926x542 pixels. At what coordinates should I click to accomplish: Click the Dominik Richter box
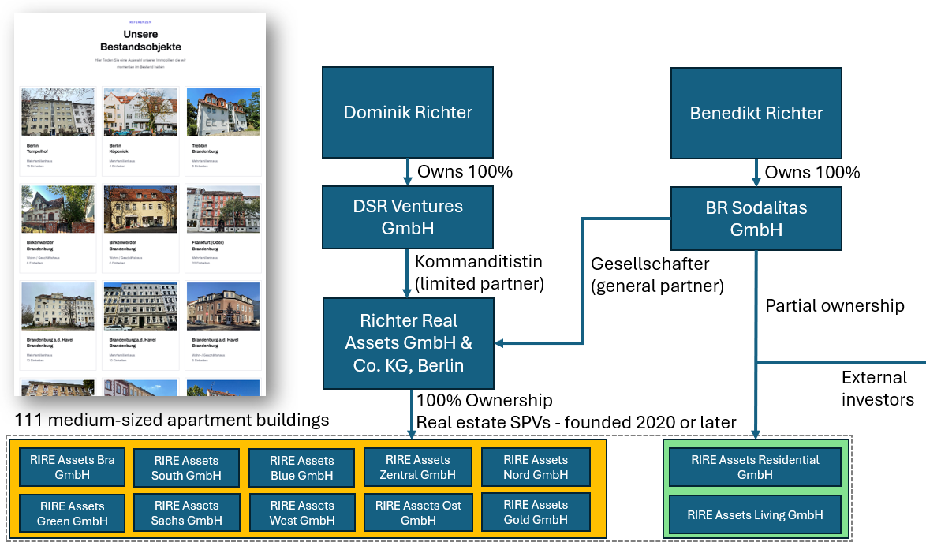click(407, 112)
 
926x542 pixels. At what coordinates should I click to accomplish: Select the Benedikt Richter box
click(756, 112)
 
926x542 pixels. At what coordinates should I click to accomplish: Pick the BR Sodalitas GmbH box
click(756, 219)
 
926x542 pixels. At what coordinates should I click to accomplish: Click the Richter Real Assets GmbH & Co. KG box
click(407, 343)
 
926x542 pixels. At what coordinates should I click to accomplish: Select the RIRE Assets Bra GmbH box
click(72, 467)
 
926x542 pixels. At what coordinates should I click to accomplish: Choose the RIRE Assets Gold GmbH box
click(536, 512)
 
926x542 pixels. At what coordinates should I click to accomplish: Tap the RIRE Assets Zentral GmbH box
click(417, 467)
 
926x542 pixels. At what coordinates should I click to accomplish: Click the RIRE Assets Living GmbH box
click(755, 514)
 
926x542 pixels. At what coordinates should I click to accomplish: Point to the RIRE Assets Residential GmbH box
click(755, 467)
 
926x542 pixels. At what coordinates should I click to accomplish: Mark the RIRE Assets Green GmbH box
click(71, 513)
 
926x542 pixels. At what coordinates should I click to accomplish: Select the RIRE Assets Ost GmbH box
click(418, 512)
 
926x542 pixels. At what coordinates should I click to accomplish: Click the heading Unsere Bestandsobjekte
click(140, 40)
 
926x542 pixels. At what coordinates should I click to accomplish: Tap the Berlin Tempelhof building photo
click(58, 112)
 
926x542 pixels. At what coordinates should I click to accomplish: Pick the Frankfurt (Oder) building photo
click(223, 209)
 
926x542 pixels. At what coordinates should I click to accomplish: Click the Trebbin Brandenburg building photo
click(223, 112)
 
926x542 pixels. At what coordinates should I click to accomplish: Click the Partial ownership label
click(835, 305)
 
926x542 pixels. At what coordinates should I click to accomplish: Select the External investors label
click(877, 388)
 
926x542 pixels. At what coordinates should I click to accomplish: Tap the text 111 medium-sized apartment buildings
click(172, 420)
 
